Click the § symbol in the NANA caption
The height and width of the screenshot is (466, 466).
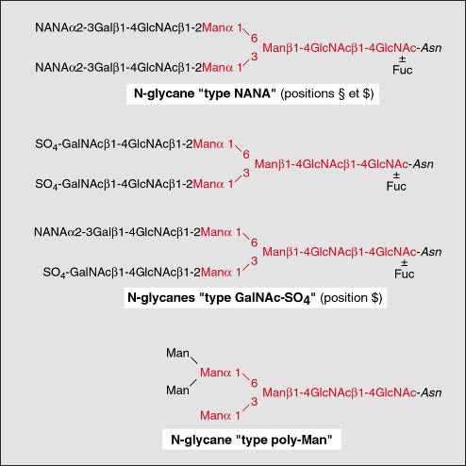pos(341,93)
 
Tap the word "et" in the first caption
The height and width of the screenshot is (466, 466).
pos(354,94)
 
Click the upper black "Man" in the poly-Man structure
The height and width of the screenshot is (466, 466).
pos(177,353)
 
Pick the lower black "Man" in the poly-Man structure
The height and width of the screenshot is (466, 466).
pos(177,391)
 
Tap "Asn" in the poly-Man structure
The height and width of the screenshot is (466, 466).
pos(431,392)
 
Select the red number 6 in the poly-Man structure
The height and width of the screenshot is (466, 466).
pos(254,383)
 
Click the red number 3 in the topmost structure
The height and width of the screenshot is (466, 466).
pos(254,57)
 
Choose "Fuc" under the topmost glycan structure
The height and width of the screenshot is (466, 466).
pos(402,70)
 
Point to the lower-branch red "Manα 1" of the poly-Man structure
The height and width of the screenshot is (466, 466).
pos(220,416)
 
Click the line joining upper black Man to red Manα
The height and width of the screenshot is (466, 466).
pos(194,360)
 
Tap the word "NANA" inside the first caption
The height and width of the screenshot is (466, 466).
pos(253,93)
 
